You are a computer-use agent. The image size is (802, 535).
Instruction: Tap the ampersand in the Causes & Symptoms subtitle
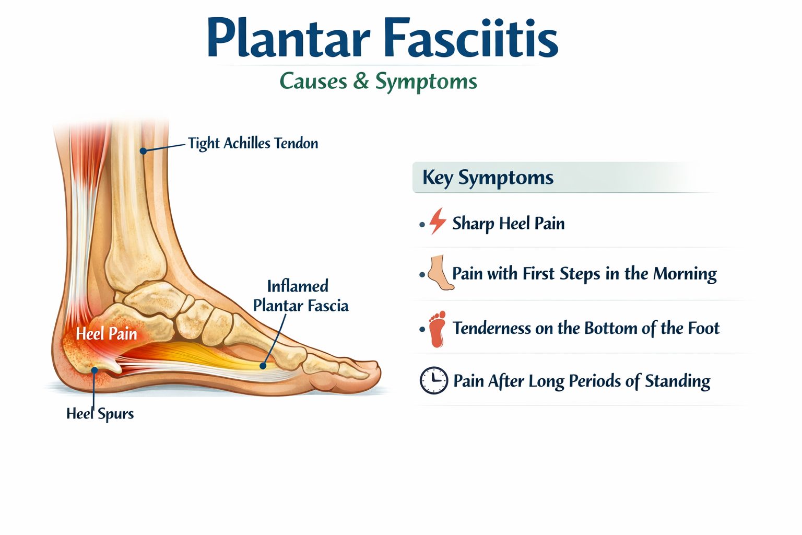click(360, 82)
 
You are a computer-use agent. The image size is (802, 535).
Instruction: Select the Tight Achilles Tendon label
click(253, 143)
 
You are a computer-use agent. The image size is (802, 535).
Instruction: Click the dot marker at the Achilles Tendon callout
click(143, 151)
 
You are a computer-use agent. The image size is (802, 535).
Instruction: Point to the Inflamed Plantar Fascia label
click(300, 296)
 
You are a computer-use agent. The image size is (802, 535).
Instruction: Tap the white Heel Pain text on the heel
click(107, 333)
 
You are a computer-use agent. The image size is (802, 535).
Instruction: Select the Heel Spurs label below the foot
click(100, 414)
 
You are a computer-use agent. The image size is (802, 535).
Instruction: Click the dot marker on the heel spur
click(94, 370)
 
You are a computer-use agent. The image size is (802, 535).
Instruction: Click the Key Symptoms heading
click(488, 178)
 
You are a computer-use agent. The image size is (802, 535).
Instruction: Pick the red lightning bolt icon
click(438, 221)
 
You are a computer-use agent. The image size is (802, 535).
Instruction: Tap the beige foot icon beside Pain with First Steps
click(440, 273)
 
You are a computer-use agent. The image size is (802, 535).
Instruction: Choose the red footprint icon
click(437, 329)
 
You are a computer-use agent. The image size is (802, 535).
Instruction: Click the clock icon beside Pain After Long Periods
click(433, 380)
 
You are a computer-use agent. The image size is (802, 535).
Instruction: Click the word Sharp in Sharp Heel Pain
click(473, 224)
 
